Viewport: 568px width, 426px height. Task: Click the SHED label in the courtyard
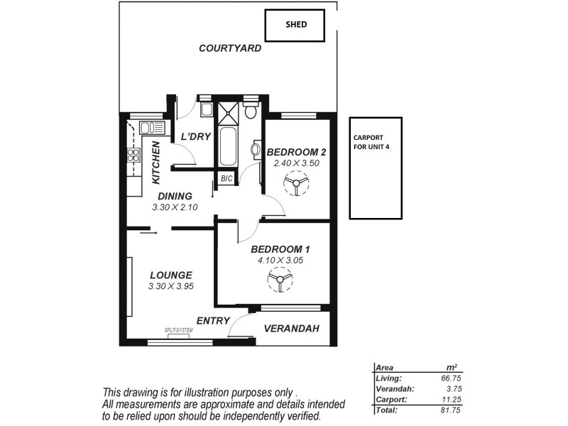coord(295,24)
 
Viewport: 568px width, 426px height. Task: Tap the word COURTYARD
coord(229,48)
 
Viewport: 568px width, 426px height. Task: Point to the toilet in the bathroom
coord(250,111)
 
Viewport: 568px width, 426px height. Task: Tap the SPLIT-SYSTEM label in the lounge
coord(178,330)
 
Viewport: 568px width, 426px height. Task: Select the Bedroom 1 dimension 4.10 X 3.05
coord(280,261)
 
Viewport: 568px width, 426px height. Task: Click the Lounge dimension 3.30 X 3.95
coord(171,286)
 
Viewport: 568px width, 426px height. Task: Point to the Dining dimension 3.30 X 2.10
coord(175,208)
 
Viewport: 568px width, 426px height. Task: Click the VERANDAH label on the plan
coord(291,329)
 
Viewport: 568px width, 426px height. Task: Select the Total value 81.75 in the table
coord(447,410)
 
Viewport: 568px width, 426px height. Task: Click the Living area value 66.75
coord(447,379)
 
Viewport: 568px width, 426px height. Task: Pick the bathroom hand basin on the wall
coord(256,150)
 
